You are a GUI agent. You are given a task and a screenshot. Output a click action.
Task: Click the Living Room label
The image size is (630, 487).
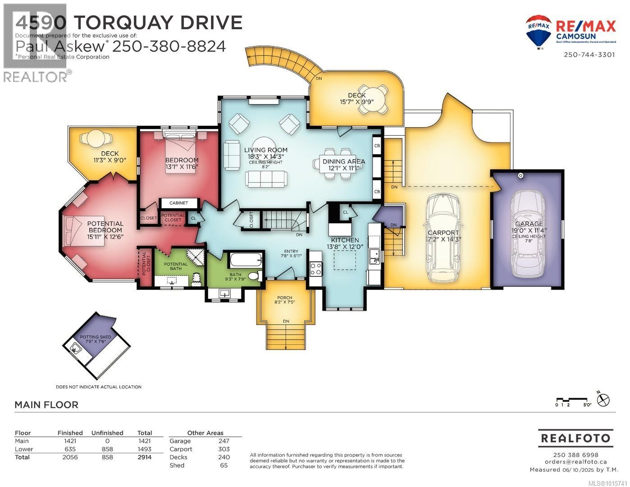point(265,150)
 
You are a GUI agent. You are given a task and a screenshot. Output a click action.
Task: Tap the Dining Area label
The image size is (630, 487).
point(343,161)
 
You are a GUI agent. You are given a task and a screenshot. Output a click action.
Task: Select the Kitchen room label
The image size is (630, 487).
point(345,240)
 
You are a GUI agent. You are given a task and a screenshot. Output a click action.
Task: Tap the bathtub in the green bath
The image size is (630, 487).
point(246,260)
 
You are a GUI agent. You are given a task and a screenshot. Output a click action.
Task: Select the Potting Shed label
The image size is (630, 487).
point(95,337)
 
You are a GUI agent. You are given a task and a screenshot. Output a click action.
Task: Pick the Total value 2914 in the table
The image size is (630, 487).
point(144,457)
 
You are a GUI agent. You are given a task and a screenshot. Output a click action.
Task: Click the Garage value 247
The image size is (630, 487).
point(224,441)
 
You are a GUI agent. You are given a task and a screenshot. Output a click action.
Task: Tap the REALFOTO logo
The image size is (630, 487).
point(575,438)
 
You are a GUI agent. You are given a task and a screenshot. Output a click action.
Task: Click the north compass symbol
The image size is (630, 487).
point(603,400)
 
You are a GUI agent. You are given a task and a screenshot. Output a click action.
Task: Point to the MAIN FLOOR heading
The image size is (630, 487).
point(46,405)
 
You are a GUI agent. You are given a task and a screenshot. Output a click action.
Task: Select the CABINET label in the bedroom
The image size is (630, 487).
point(172,203)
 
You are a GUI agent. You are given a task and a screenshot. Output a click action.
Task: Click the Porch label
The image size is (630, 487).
point(284,298)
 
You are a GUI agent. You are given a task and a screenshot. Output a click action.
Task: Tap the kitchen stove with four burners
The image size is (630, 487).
point(315,268)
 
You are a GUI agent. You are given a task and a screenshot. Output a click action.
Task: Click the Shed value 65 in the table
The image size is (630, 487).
point(224,465)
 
